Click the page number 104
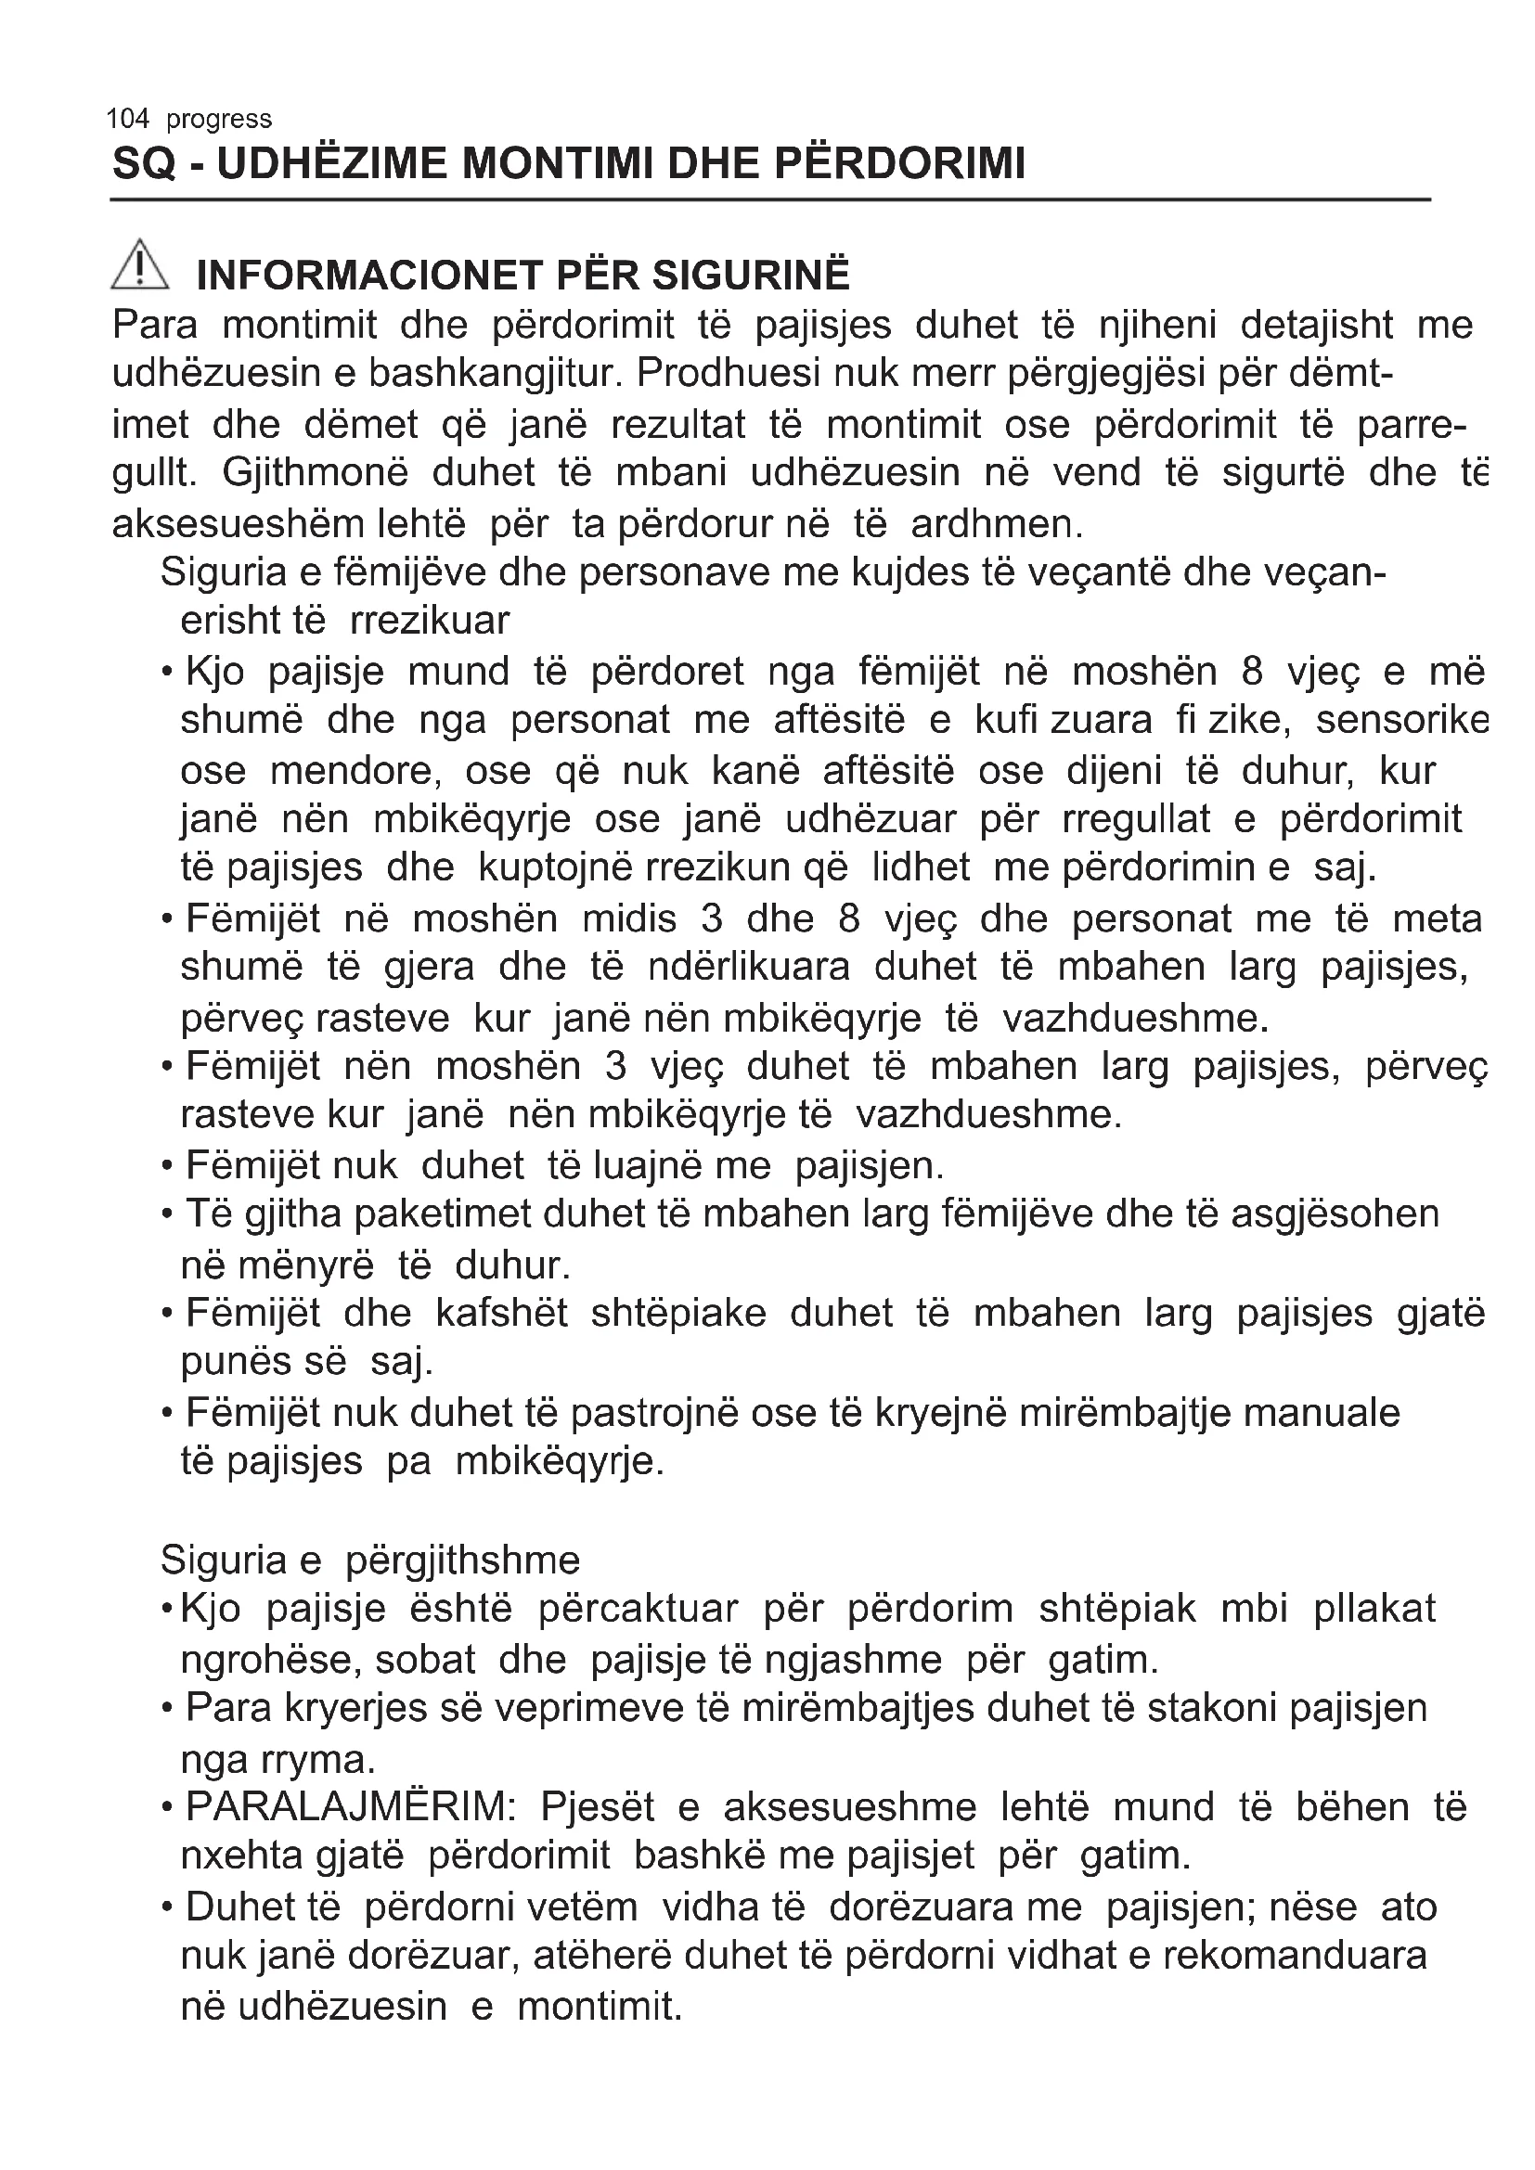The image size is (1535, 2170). coord(127,119)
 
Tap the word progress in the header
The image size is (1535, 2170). coord(218,120)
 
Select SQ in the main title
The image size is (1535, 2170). coord(145,164)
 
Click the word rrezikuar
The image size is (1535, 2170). coord(429,622)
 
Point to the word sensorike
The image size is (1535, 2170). coord(1402,721)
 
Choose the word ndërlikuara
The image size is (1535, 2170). coord(749,968)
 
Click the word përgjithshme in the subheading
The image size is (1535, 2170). coord(462,1560)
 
